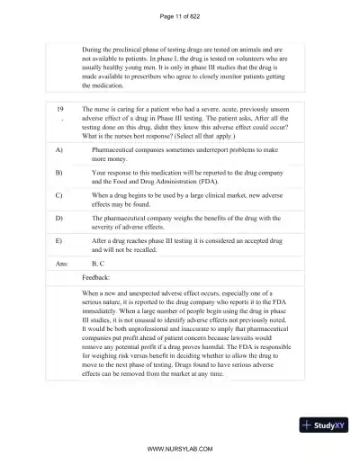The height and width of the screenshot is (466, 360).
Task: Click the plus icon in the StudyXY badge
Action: click(309, 424)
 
